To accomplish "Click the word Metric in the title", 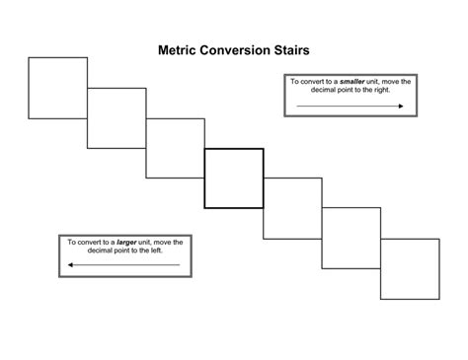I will (x=181, y=49).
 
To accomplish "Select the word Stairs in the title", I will (x=299, y=49).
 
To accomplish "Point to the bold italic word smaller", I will (x=352, y=82).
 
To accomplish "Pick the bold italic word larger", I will (x=126, y=242).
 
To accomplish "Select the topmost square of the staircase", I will (x=57, y=88).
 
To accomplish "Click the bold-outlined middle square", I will (x=234, y=178).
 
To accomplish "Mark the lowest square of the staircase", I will (x=410, y=268).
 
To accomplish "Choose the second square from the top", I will (x=117, y=117).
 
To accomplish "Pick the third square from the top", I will (x=176, y=148).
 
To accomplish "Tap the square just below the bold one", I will (x=293, y=208).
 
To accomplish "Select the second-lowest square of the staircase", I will (x=351, y=238).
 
